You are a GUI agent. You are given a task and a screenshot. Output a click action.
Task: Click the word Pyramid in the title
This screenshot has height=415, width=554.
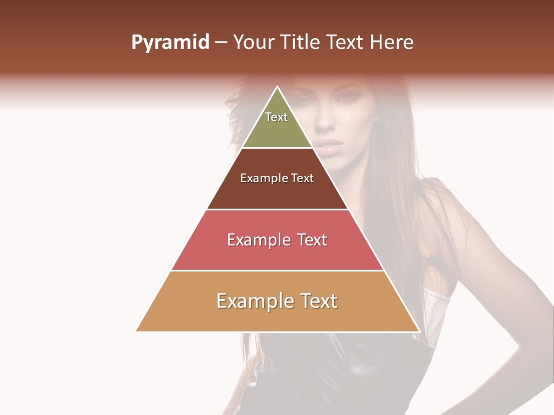pyautogui.click(x=170, y=43)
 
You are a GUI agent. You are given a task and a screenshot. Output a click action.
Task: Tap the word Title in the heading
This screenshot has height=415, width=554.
pyautogui.click(x=301, y=43)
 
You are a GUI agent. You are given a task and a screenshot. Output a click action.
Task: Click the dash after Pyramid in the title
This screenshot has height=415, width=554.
pyautogui.click(x=221, y=43)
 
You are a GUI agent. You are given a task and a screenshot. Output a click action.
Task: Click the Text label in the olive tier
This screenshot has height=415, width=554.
pyautogui.click(x=276, y=117)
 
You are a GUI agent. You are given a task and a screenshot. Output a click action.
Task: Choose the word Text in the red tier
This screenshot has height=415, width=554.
pyautogui.click(x=312, y=240)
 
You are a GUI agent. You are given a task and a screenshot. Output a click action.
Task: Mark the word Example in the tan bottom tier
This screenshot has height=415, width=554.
pyautogui.click(x=252, y=301)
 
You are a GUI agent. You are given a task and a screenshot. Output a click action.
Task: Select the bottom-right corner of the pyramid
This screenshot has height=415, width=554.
pyautogui.click(x=419, y=331)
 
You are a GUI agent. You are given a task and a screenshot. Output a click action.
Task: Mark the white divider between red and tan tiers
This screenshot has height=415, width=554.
pyautogui.click(x=278, y=270)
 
